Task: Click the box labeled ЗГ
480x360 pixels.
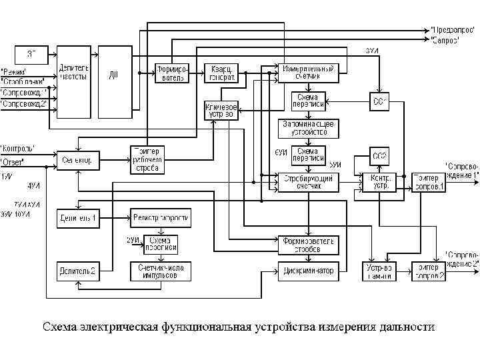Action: click(x=32, y=53)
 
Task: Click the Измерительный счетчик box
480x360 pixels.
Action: click(x=308, y=72)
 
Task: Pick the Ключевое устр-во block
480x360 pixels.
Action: click(x=221, y=110)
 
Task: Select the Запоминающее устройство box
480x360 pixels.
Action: click(x=308, y=127)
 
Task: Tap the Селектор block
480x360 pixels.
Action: click(x=79, y=160)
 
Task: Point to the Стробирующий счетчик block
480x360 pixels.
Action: click(x=308, y=181)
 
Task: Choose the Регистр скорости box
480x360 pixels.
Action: click(x=161, y=217)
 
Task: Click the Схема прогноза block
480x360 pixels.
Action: click(x=163, y=243)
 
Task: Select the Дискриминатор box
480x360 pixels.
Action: click(x=308, y=270)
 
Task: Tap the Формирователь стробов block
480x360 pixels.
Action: click(x=308, y=245)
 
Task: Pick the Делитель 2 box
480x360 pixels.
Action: click(x=77, y=271)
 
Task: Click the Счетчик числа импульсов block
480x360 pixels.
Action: click(x=161, y=271)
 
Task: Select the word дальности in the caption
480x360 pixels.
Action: click(x=407, y=327)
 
